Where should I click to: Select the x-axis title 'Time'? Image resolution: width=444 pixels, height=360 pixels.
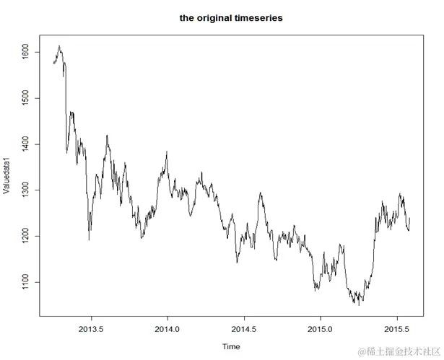[x=231, y=346]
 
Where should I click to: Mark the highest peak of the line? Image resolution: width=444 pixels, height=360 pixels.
[x=59, y=46]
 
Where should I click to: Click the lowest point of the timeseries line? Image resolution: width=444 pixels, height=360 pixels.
[x=359, y=304]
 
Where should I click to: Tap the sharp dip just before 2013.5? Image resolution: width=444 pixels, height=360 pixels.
[x=90, y=240]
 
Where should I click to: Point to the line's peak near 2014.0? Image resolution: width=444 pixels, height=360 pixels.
[x=167, y=152]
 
